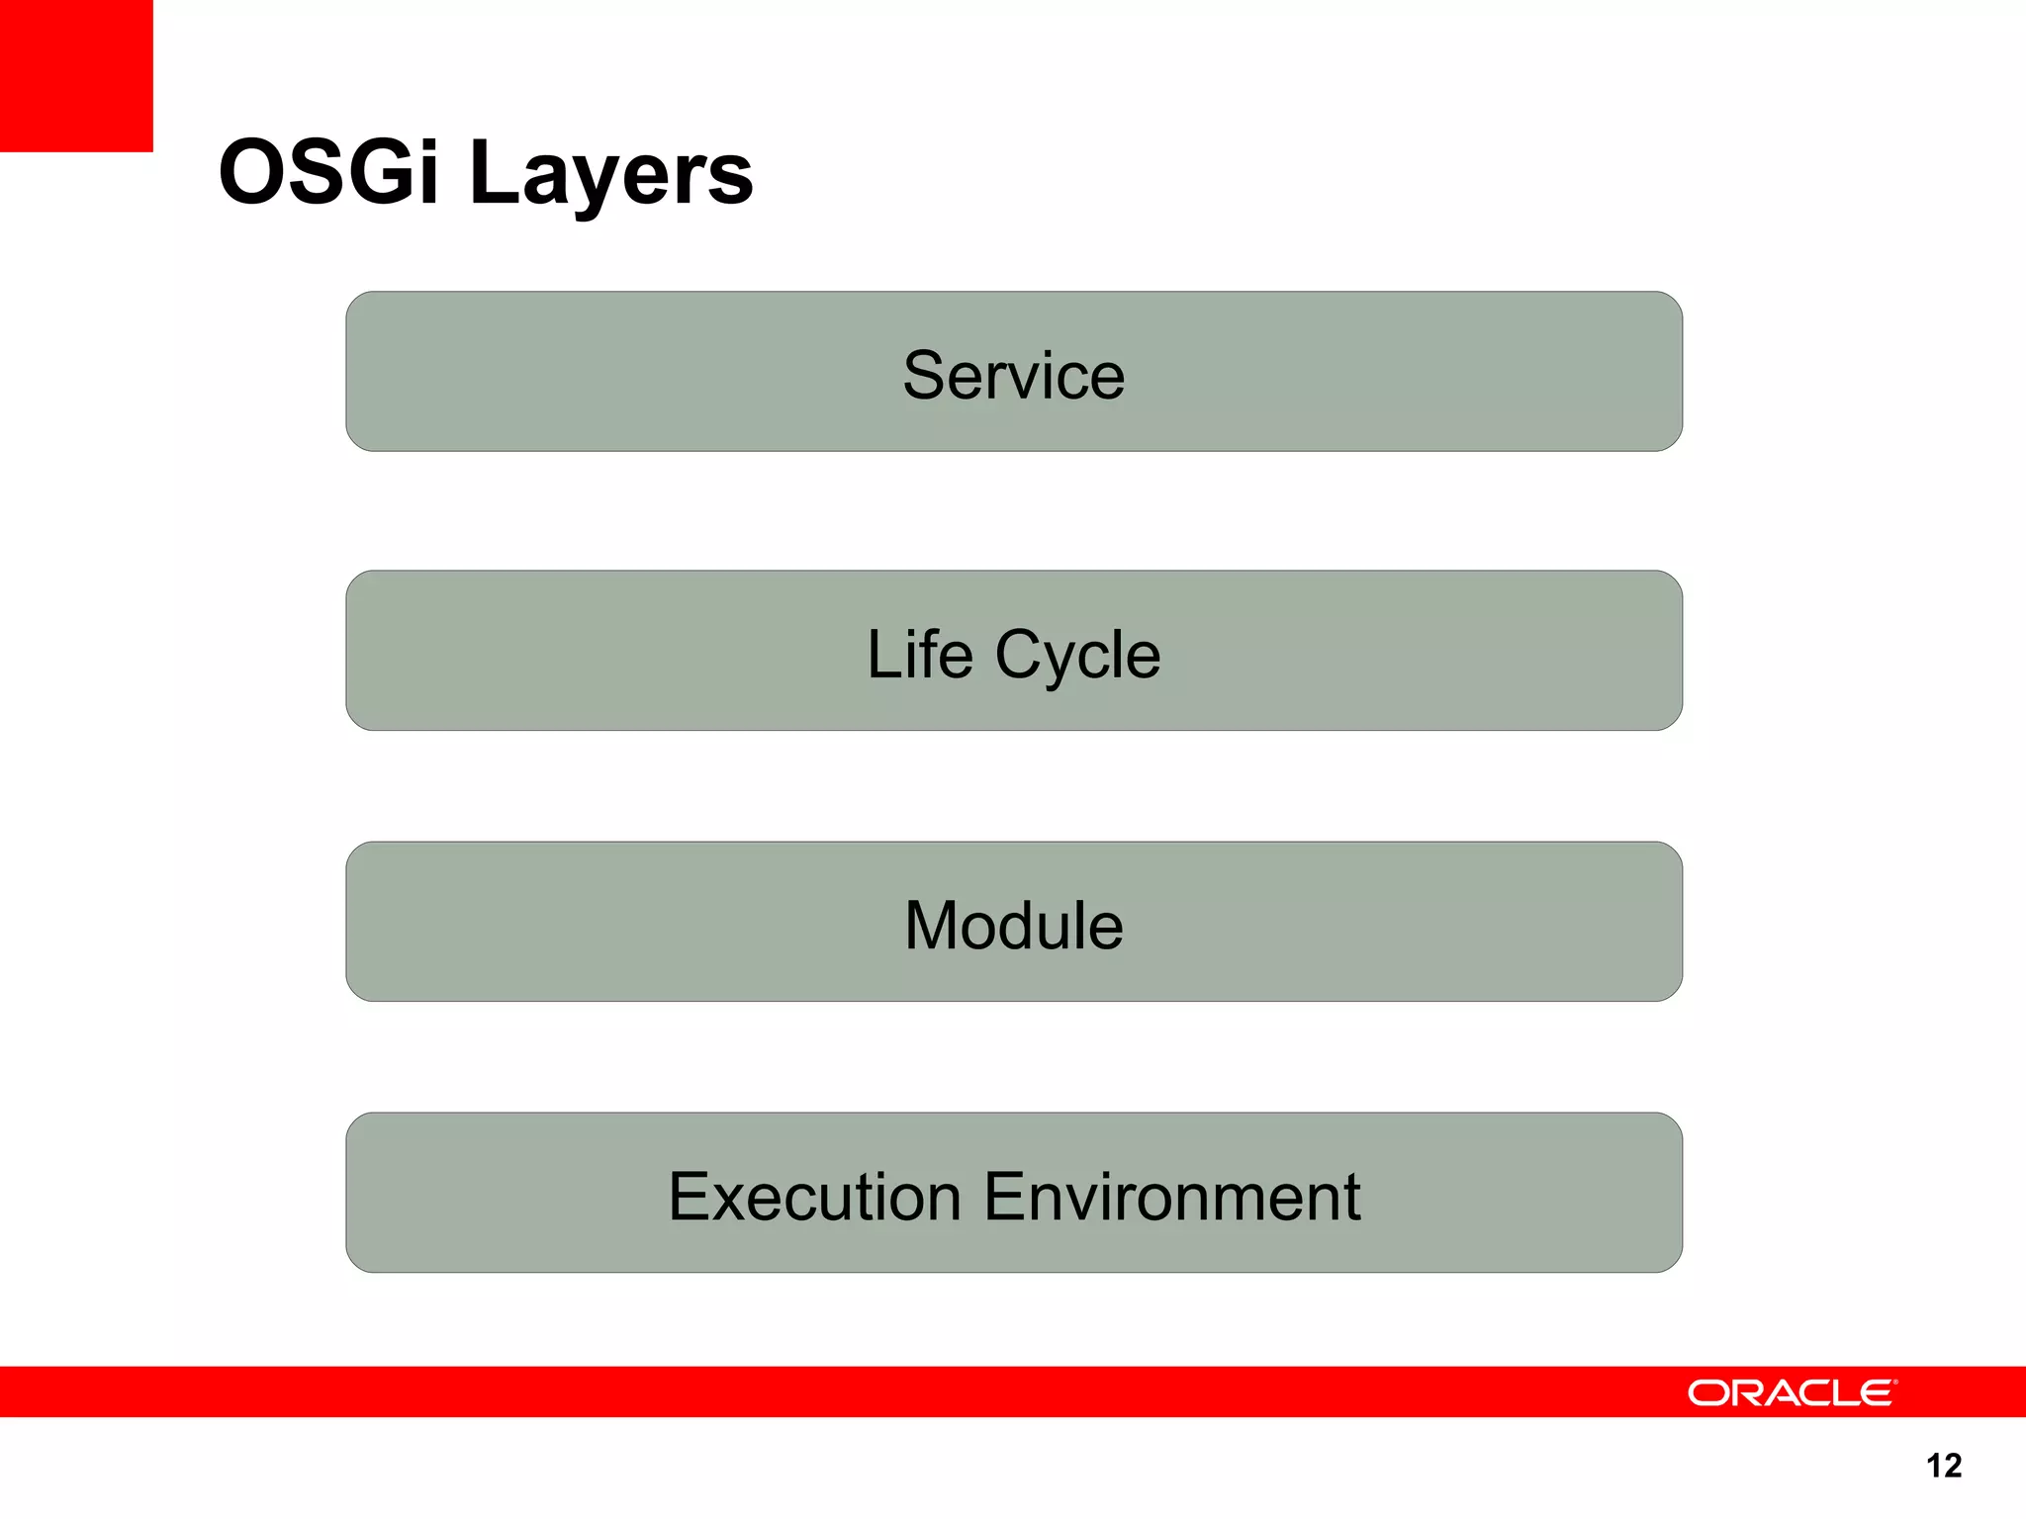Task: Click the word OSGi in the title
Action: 328,173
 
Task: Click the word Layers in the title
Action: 611,176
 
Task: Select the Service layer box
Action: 1013,372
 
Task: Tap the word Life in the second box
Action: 920,655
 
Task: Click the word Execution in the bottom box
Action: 814,1197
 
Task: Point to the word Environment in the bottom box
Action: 1172,1197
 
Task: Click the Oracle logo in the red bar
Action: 1792,1392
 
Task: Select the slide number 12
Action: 1944,1465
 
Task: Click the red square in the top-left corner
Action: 76,75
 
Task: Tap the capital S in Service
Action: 926,376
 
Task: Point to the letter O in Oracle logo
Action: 1707,1393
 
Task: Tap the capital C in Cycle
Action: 1021,655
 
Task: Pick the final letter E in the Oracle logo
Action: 1876,1393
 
